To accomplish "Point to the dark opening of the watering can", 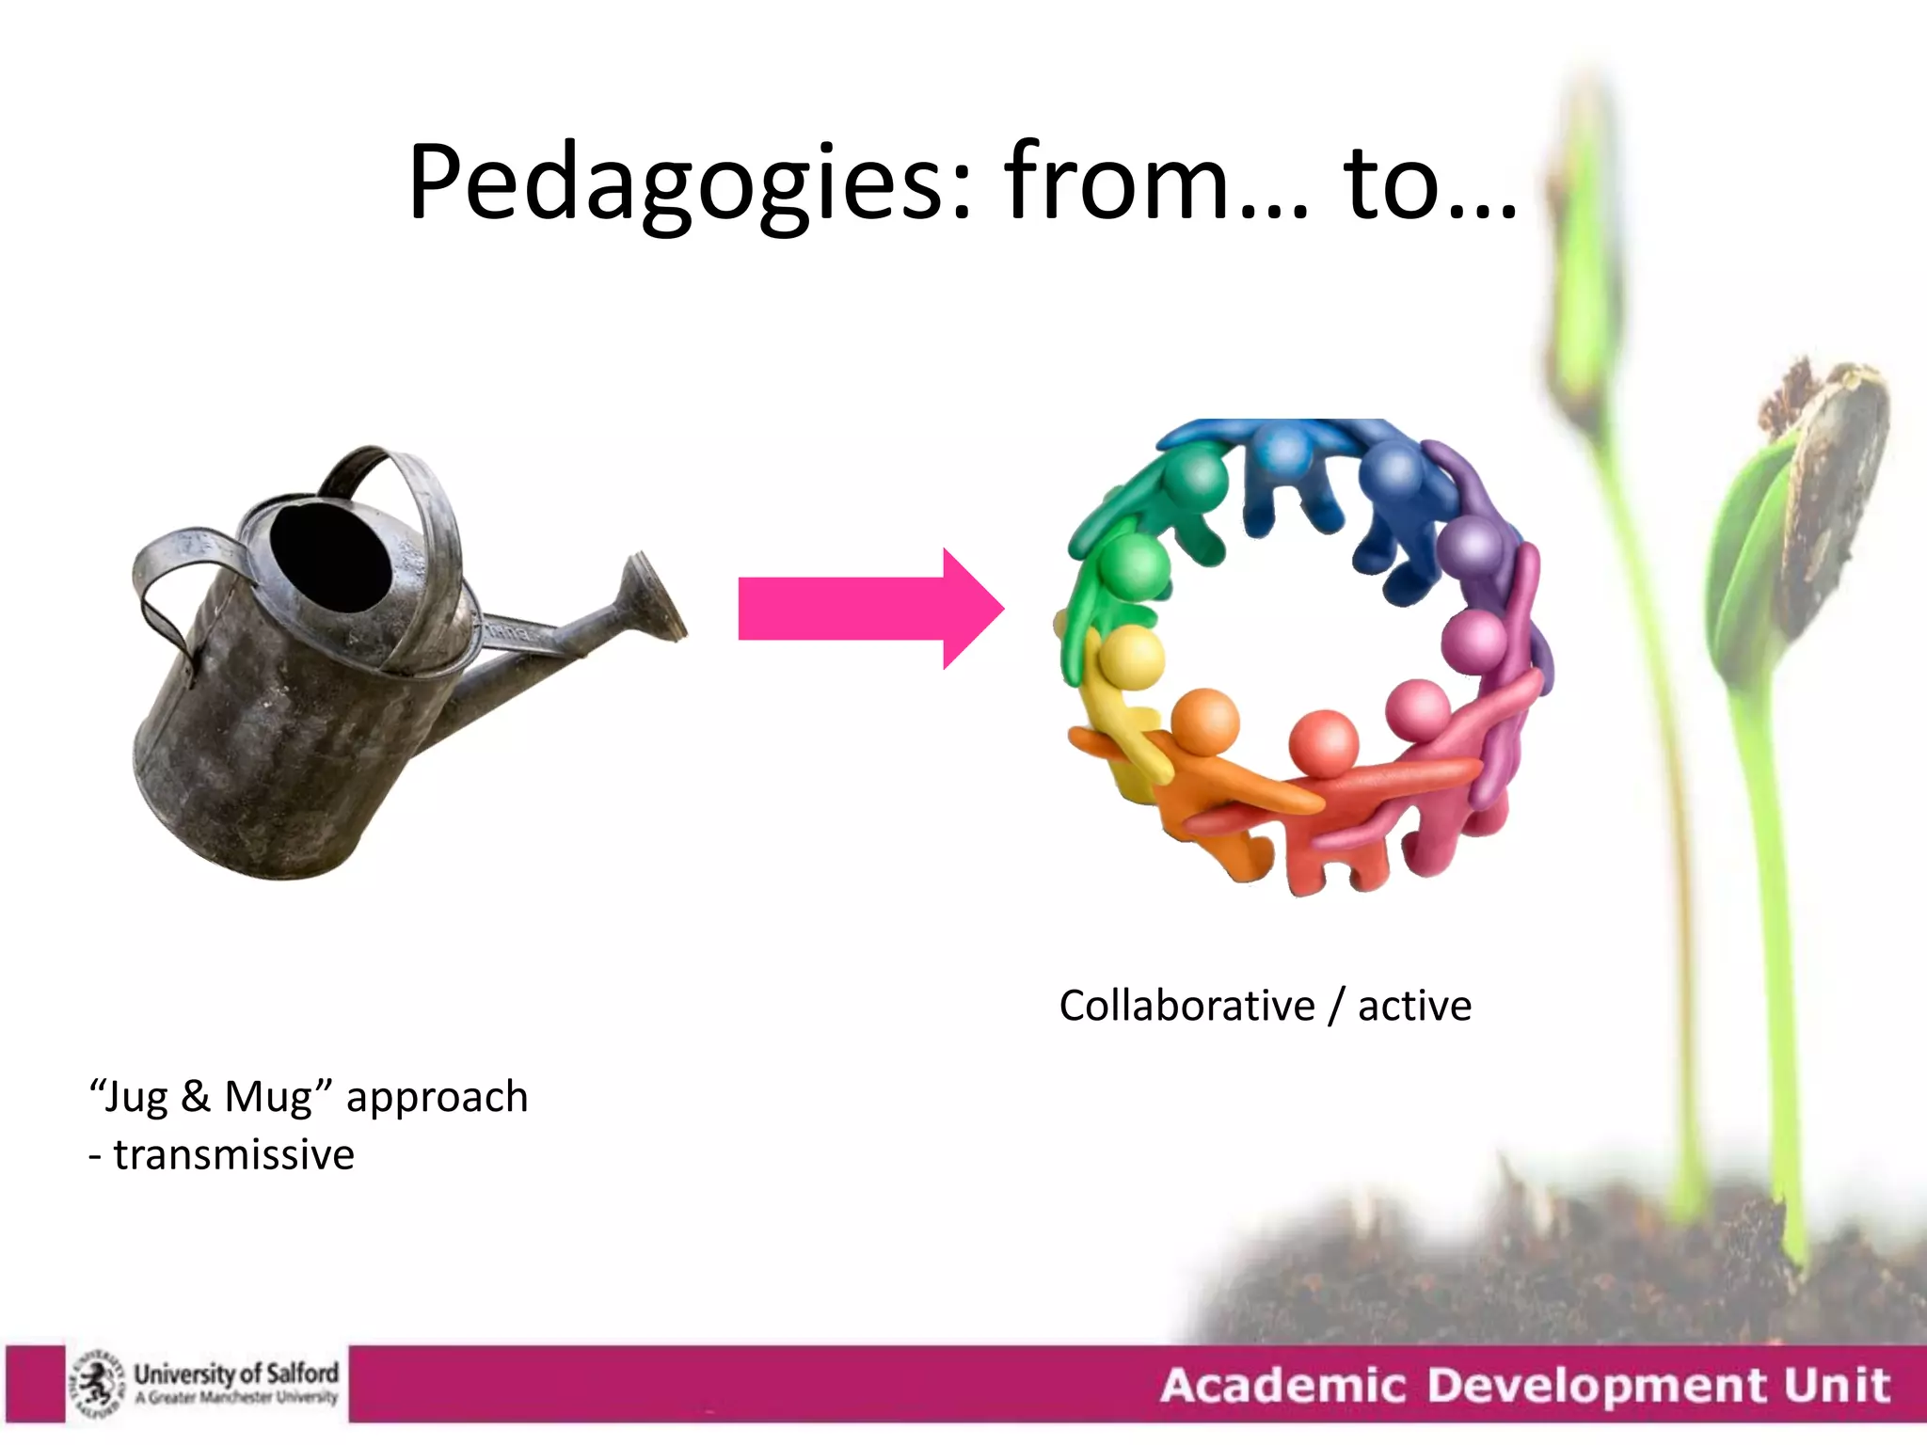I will tap(329, 557).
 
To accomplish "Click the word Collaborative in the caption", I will tap(1186, 1006).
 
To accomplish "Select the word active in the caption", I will tap(1414, 1006).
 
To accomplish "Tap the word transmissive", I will tap(233, 1154).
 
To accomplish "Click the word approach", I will tap(437, 1098).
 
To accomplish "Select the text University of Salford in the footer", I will tap(236, 1374).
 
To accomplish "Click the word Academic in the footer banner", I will tap(1282, 1386).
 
